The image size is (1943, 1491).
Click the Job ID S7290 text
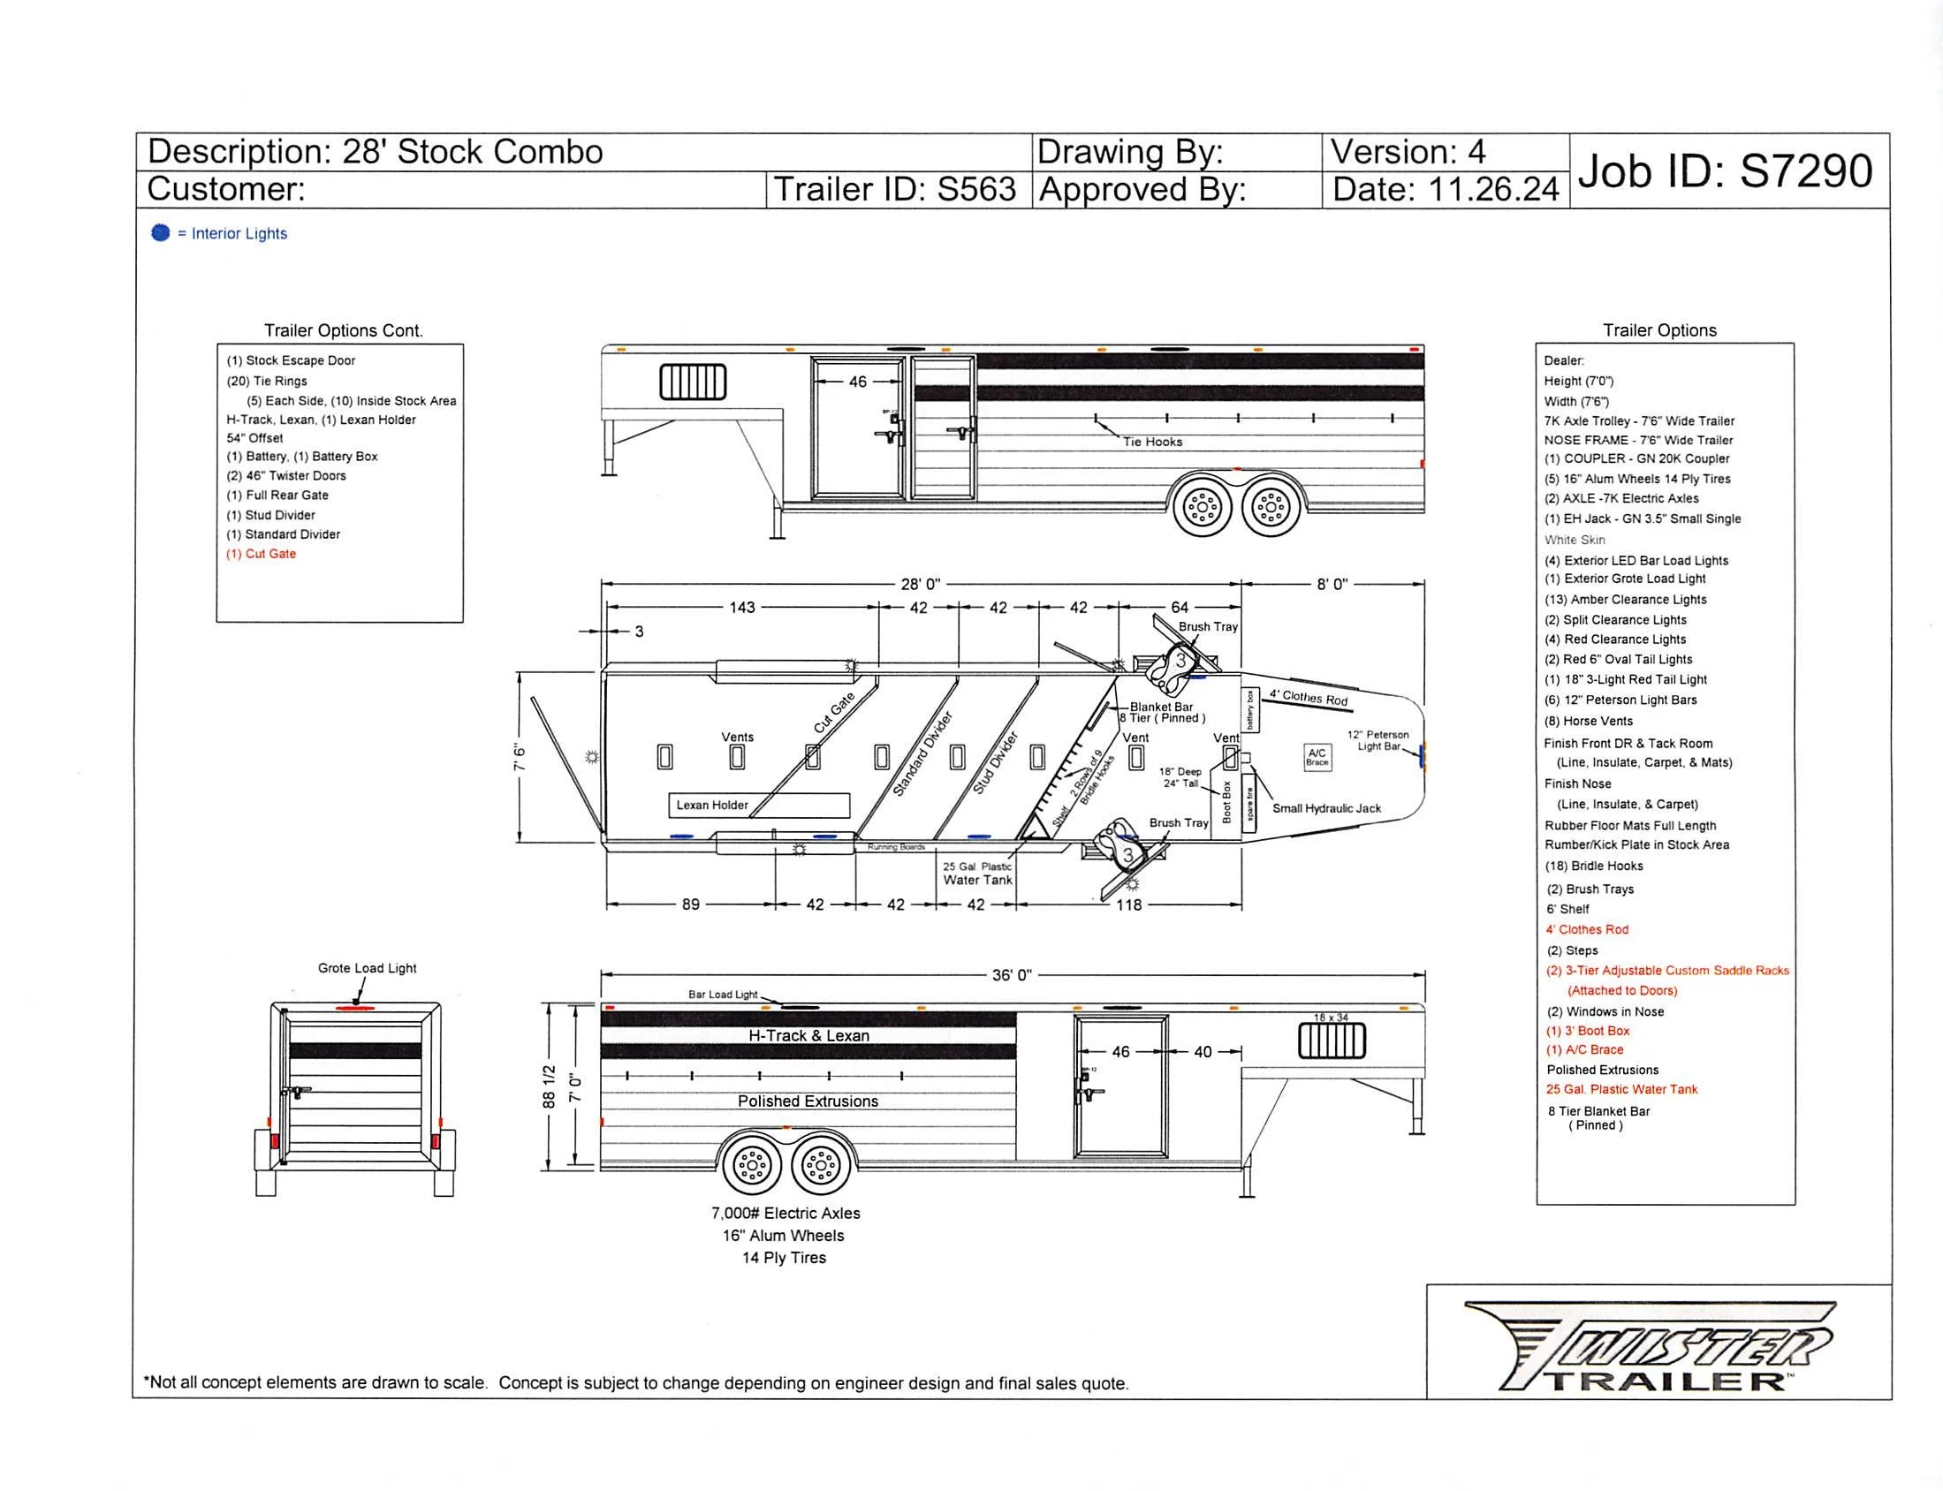1724,170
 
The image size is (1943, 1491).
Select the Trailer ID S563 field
895,190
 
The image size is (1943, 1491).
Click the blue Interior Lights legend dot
161,232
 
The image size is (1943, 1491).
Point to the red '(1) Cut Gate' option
261,554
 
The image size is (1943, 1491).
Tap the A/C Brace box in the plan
1317,757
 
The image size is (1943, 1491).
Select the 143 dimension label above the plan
742,608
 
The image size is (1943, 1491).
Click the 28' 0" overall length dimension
921,584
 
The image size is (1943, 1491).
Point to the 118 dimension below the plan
1128,904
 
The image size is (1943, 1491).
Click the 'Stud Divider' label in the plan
994,762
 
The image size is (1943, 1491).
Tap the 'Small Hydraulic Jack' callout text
1326,808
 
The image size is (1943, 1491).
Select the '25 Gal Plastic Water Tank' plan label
977,874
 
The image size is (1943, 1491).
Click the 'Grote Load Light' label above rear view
367,968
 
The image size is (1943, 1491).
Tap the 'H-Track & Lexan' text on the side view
808,1036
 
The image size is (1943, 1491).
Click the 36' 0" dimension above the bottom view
1011,975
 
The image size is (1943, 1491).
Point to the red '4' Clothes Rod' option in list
1587,929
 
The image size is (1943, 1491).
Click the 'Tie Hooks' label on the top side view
1152,442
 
